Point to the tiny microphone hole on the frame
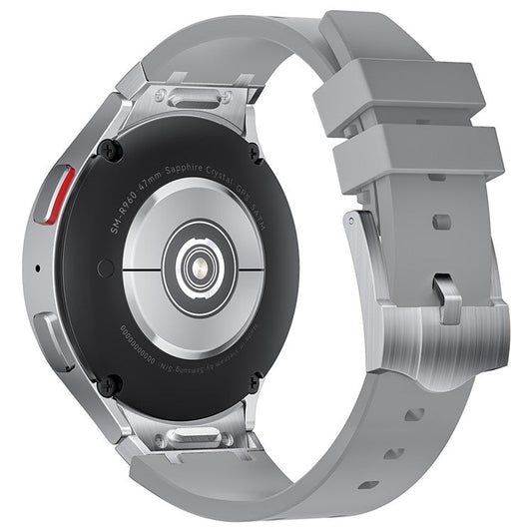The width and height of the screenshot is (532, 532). click(37, 268)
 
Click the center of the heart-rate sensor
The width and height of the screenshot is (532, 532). click(197, 265)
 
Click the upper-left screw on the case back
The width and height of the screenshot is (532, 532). click(112, 150)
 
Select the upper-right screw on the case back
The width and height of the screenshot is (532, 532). click(255, 154)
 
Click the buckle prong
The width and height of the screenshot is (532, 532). click(449, 300)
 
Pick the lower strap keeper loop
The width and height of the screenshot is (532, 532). click(418, 159)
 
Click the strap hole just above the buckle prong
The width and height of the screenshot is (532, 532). click(440, 222)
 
